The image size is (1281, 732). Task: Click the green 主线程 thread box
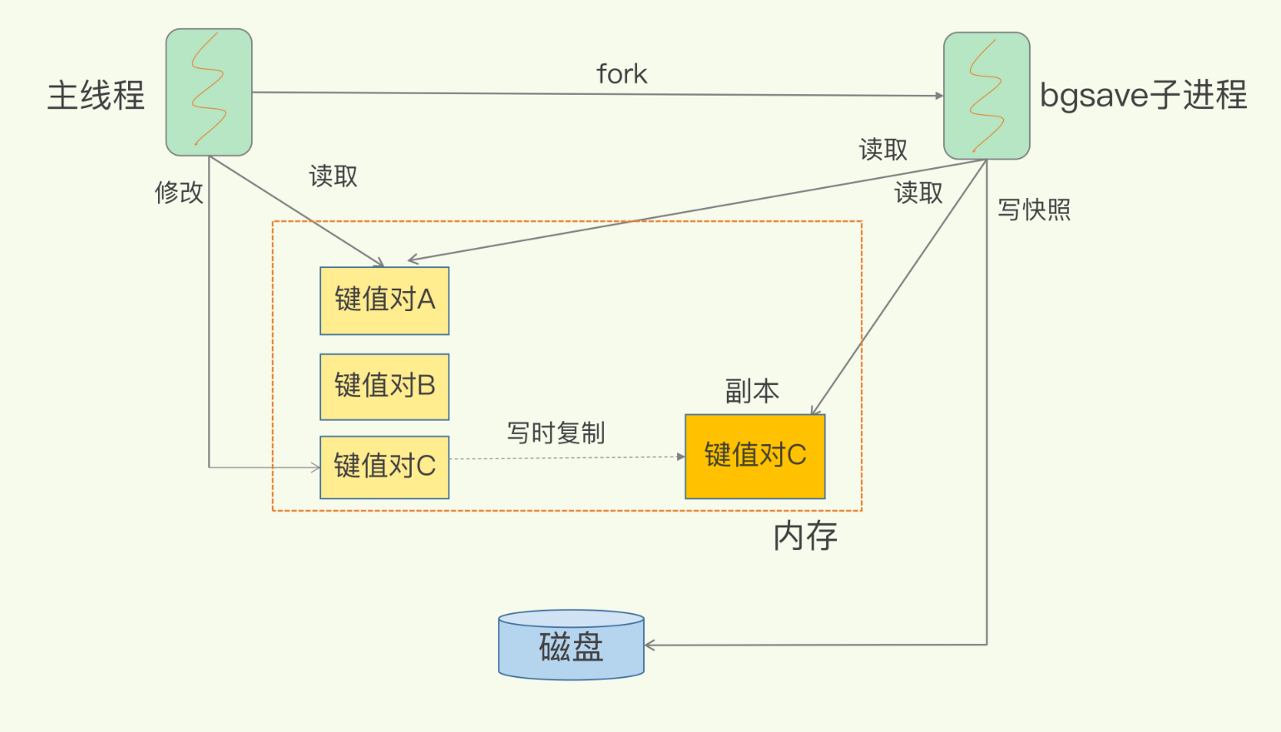pyautogui.click(x=209, y=92)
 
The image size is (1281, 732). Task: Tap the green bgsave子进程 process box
pyautogui.click(x=987, y=96)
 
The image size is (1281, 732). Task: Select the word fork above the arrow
pyautogui.click(x=621, y=74)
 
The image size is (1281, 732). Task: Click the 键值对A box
pyautogui.click(x=384, y=301)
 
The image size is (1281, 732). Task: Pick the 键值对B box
pyautogui.click(x=384, y=387)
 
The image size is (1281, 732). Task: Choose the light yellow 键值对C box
pyautogui.click(x=384, y=467)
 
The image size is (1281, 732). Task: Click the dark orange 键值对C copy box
pyautogui.click(x=755, y=457)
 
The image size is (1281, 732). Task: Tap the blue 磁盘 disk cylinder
pyautogui.click(x=571, y=645)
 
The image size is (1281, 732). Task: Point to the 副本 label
pyautogui.click(x=752, y=391)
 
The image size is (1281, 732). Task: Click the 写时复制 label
pyautogui.click(x=556, y=433)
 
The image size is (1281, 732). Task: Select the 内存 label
pyautogui.click(x=805, y=537)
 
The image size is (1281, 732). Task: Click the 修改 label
pyautogui.click(x=179, y=192)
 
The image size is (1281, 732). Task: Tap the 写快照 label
pyautogui.click(x=1034, y=210)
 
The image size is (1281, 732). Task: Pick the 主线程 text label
pyautogui.click(x=96, y=95)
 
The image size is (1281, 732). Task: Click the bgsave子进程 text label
pyautogui.click(x=1143, y=95)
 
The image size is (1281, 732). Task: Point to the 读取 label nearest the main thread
pyautogui.click(x=334, y=176)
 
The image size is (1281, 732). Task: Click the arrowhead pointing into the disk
pyautogui.click(x=650, y=645)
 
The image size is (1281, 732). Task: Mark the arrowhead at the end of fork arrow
pyautogui.click(x=939, y=96)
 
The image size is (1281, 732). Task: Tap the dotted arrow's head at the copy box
pyautogui.click(x=680, y=457)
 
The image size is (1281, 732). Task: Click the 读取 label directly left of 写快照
pyautogui.click(x=918, y=193)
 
